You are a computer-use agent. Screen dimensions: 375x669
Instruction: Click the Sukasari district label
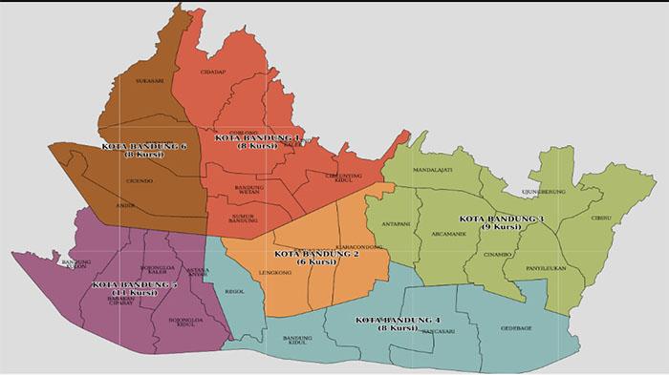150,81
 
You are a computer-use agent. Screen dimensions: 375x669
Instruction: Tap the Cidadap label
213,72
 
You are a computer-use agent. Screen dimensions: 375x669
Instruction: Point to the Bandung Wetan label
248,190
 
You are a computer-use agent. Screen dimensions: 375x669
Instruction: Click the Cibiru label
602,218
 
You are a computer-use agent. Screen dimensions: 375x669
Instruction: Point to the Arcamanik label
448,233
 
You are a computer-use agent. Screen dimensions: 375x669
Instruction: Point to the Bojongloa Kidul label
187,323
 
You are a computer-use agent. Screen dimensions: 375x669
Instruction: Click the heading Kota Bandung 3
503,219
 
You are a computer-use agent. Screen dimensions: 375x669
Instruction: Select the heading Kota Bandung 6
143,146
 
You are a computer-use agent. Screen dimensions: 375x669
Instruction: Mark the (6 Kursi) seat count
314,263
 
